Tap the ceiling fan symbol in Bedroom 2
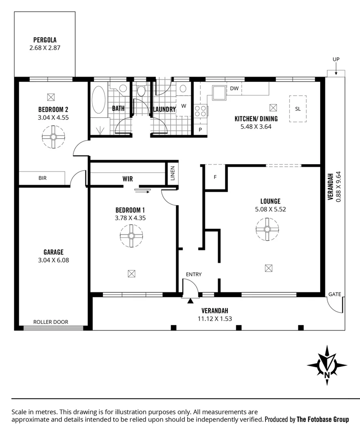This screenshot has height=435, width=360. [53, 137]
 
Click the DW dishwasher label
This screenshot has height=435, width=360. [234, 88]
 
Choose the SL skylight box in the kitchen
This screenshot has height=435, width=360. [298, 109]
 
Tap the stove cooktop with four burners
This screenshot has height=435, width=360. [201, 111]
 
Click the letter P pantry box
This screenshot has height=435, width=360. [200, 130]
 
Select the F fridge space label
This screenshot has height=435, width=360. [215, 178]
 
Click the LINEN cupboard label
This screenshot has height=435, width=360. [172, 173]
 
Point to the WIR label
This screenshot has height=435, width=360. [127, 179]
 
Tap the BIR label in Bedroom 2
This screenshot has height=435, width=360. [42, 178]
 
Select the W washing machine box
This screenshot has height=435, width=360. [184, 105]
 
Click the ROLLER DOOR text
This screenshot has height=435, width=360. [51, 322]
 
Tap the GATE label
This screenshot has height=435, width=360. [335, 294]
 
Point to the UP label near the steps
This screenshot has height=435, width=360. [336, 60]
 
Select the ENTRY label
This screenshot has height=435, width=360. [194, 274]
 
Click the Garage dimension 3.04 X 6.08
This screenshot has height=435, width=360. [53, 260]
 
